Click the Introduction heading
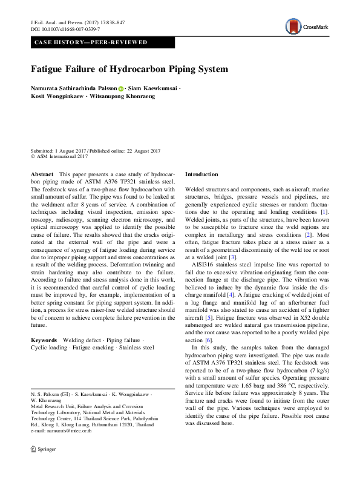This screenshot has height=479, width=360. click(201, 174)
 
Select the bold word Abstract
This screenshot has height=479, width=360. click(42, 174)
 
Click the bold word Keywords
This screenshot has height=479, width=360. click(45, 341)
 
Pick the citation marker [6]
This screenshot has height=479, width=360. click(209, 340)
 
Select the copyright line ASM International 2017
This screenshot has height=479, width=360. click(59, 156)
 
